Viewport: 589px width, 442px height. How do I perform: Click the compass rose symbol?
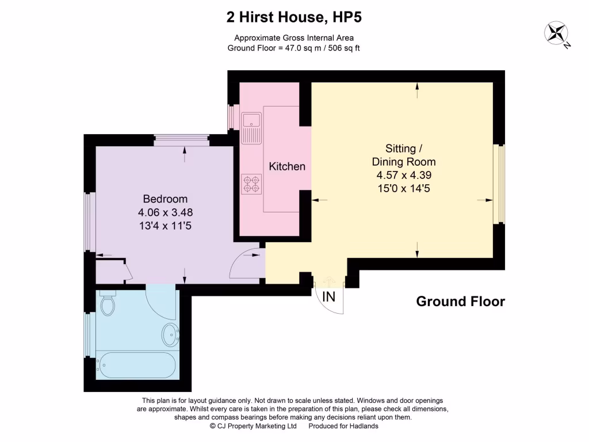click(556, 33)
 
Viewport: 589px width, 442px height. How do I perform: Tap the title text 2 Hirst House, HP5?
click(294, 18)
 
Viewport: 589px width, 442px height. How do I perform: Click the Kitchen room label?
click(287, 166)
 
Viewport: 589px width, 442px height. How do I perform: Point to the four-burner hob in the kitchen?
click(251, 183)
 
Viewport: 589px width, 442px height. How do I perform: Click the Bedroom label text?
click(165, 199)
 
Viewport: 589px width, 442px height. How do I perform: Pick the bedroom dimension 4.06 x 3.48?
click(165, 212)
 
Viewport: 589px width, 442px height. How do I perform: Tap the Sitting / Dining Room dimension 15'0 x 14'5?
click(403, 188)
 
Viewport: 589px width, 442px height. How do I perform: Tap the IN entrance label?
click(328, 297)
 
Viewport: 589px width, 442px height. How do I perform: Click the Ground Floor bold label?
click(460, 301)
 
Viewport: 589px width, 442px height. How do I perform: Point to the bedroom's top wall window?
click(181, 138)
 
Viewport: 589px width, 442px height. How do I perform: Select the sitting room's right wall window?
click(500, 184)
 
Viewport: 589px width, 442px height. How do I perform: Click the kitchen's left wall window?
click(233, 117)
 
